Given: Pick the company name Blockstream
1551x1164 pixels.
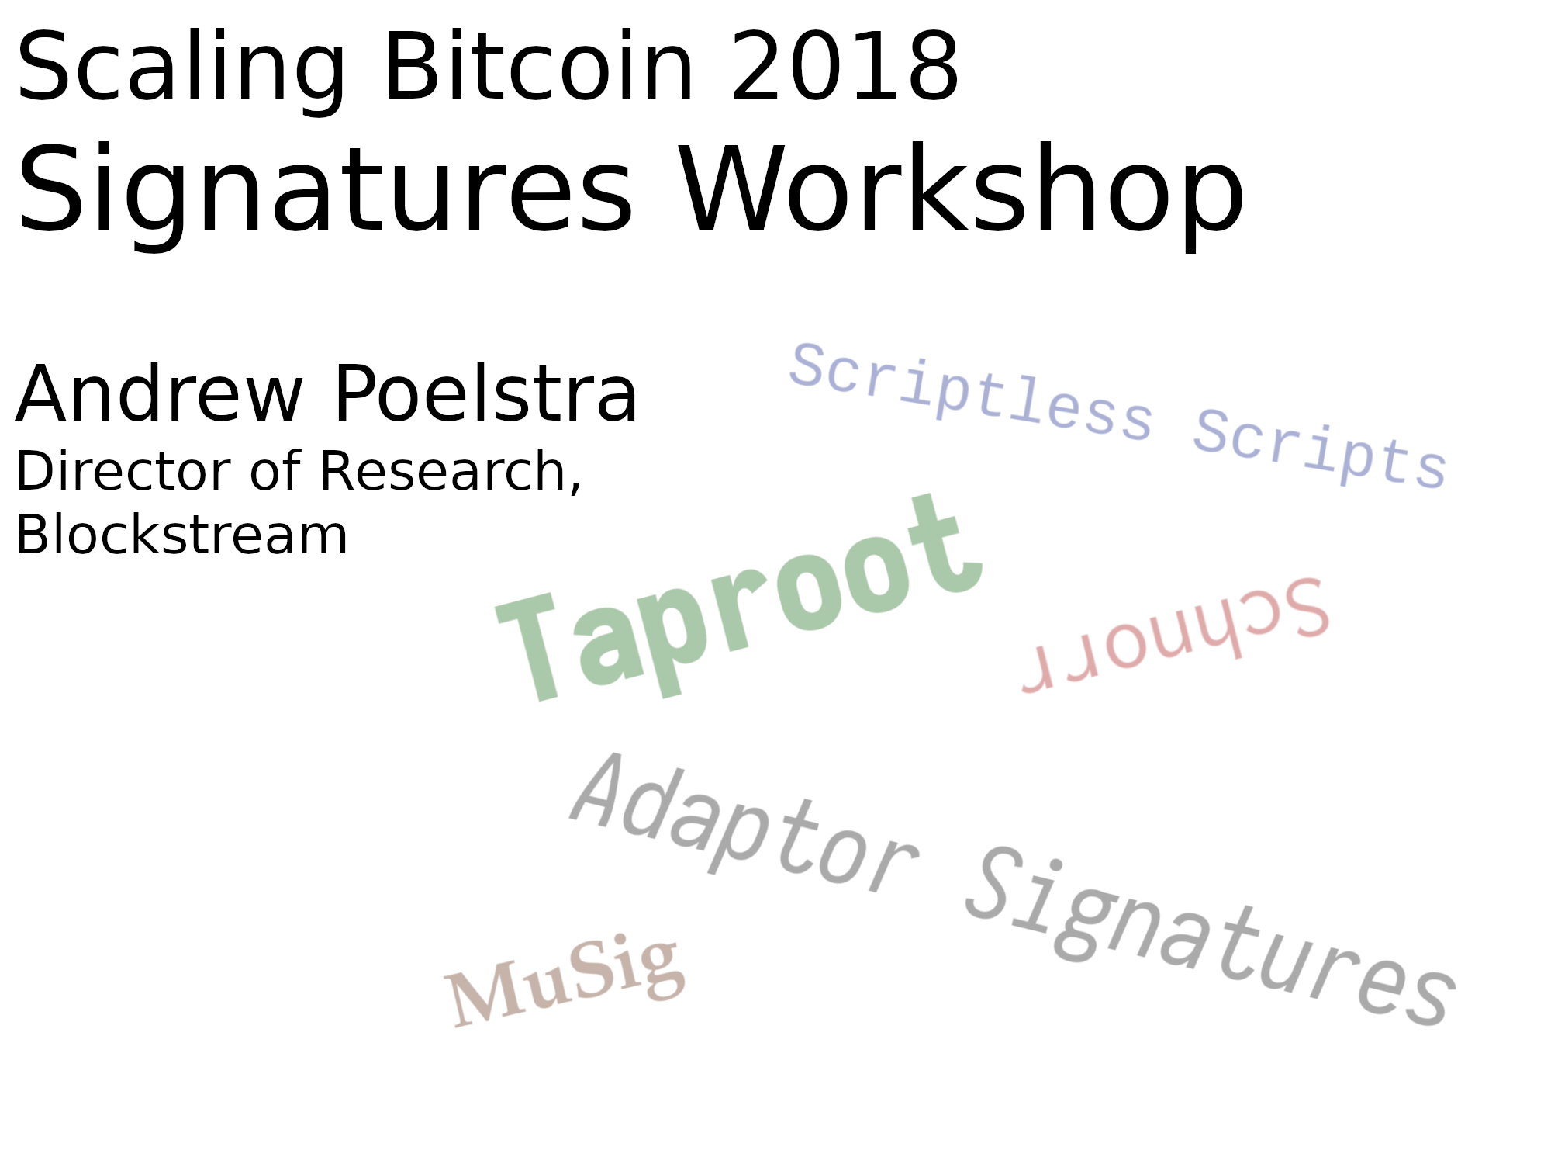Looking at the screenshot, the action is click(x=182, y=535).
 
